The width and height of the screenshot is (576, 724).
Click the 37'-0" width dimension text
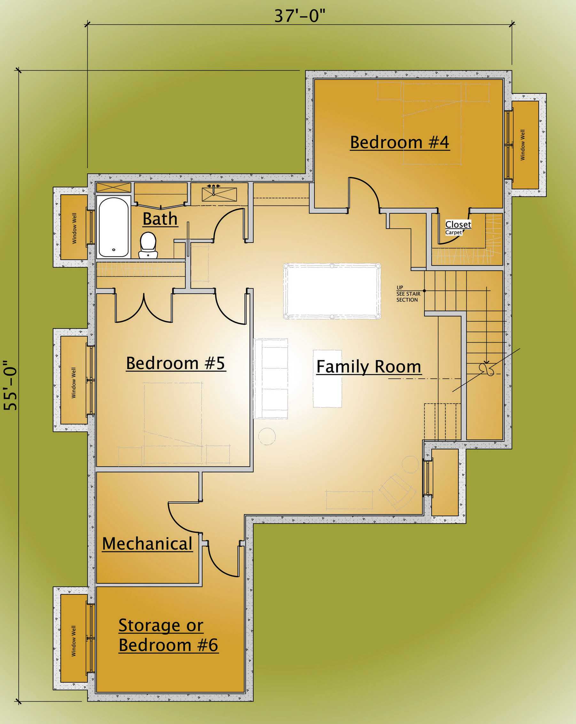pos(300,15)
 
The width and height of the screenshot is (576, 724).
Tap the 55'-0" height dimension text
pos(10,385)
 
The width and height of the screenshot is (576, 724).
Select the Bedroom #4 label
pos(400,142)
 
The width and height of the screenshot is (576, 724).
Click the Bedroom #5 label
pos(176,363)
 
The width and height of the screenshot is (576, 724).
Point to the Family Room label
pos(369,366)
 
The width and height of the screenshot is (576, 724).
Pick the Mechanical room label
pos(147,543)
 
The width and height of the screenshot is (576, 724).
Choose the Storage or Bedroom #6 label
pos(168,635)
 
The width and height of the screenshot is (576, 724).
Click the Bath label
pos(160,219)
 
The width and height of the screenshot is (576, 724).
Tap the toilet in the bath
pos(148,245)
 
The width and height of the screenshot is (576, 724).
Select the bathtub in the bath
pos(113,227)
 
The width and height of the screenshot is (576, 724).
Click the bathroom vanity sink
pos(219,194)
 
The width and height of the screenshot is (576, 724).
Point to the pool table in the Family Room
pos(332,291)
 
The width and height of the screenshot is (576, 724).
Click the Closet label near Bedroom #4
pos(458,224)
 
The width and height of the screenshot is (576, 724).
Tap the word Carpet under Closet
pos(453,232)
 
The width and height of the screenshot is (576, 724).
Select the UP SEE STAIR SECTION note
pos(408,294)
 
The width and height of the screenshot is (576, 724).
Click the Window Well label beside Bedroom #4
pos(523,145)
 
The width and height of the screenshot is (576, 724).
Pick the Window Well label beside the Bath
pos(74,228)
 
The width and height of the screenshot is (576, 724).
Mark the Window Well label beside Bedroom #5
pos(74,383)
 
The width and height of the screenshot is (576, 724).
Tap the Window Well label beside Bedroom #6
pos(74,641)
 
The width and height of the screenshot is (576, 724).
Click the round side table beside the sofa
pos(267,437)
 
